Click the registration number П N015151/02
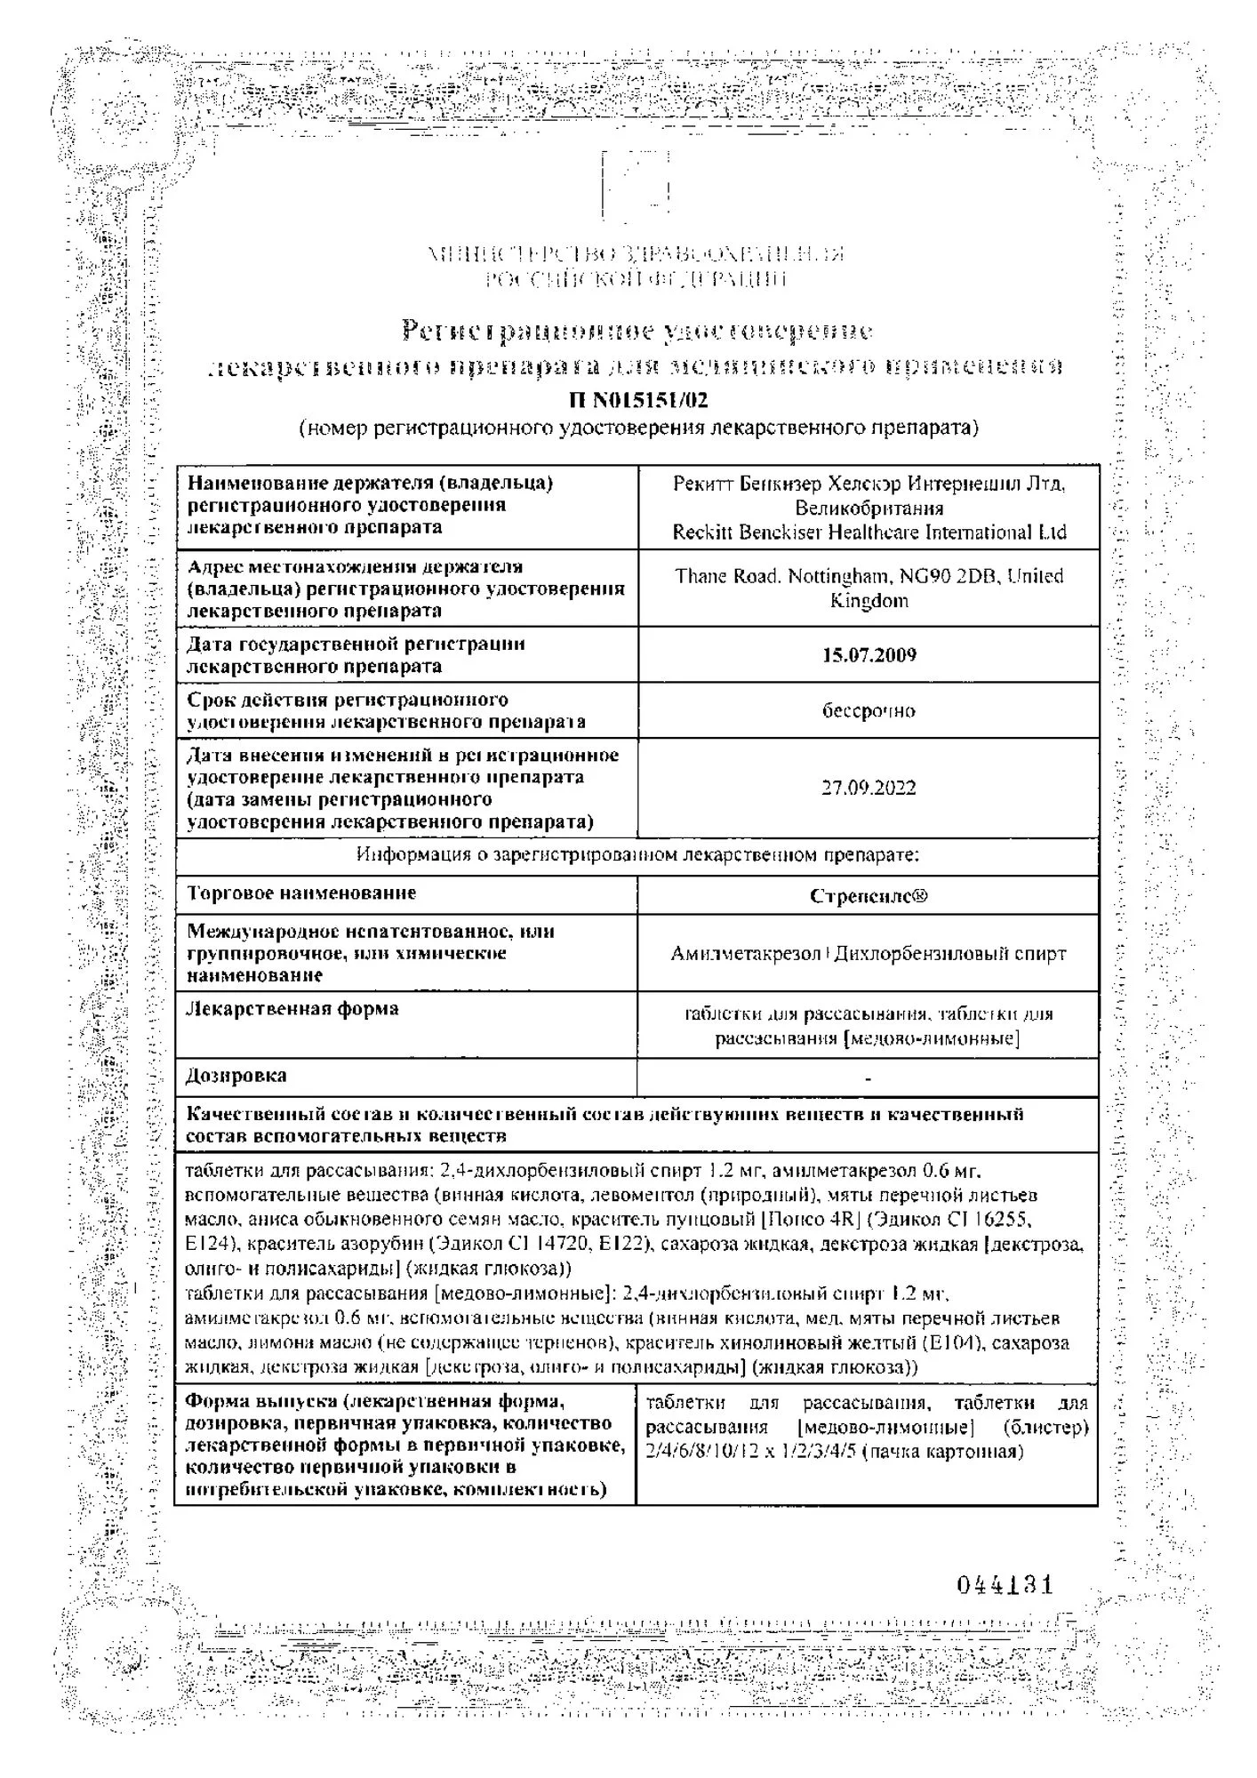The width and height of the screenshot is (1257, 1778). point(637,400)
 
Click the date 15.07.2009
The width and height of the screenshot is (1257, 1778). point(869,655)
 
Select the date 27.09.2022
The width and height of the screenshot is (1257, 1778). point(869,788)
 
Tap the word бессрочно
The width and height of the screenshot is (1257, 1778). point(869,711)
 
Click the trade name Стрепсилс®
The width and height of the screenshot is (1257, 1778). point(869,896)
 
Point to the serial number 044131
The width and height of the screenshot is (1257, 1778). point(1005,1585)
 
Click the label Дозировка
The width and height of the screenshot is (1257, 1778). point(236,1077)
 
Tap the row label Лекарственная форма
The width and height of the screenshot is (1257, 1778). point(292,1009)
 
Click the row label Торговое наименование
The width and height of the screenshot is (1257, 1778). point(301,893)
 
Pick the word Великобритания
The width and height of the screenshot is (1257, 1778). point(869,509)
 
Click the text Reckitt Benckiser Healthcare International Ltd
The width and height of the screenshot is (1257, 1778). point(869,533)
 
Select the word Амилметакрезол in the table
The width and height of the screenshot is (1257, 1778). point(746,954)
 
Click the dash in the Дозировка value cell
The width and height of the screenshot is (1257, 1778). point(868,1079)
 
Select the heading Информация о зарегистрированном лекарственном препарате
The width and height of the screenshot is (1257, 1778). point(637,855)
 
